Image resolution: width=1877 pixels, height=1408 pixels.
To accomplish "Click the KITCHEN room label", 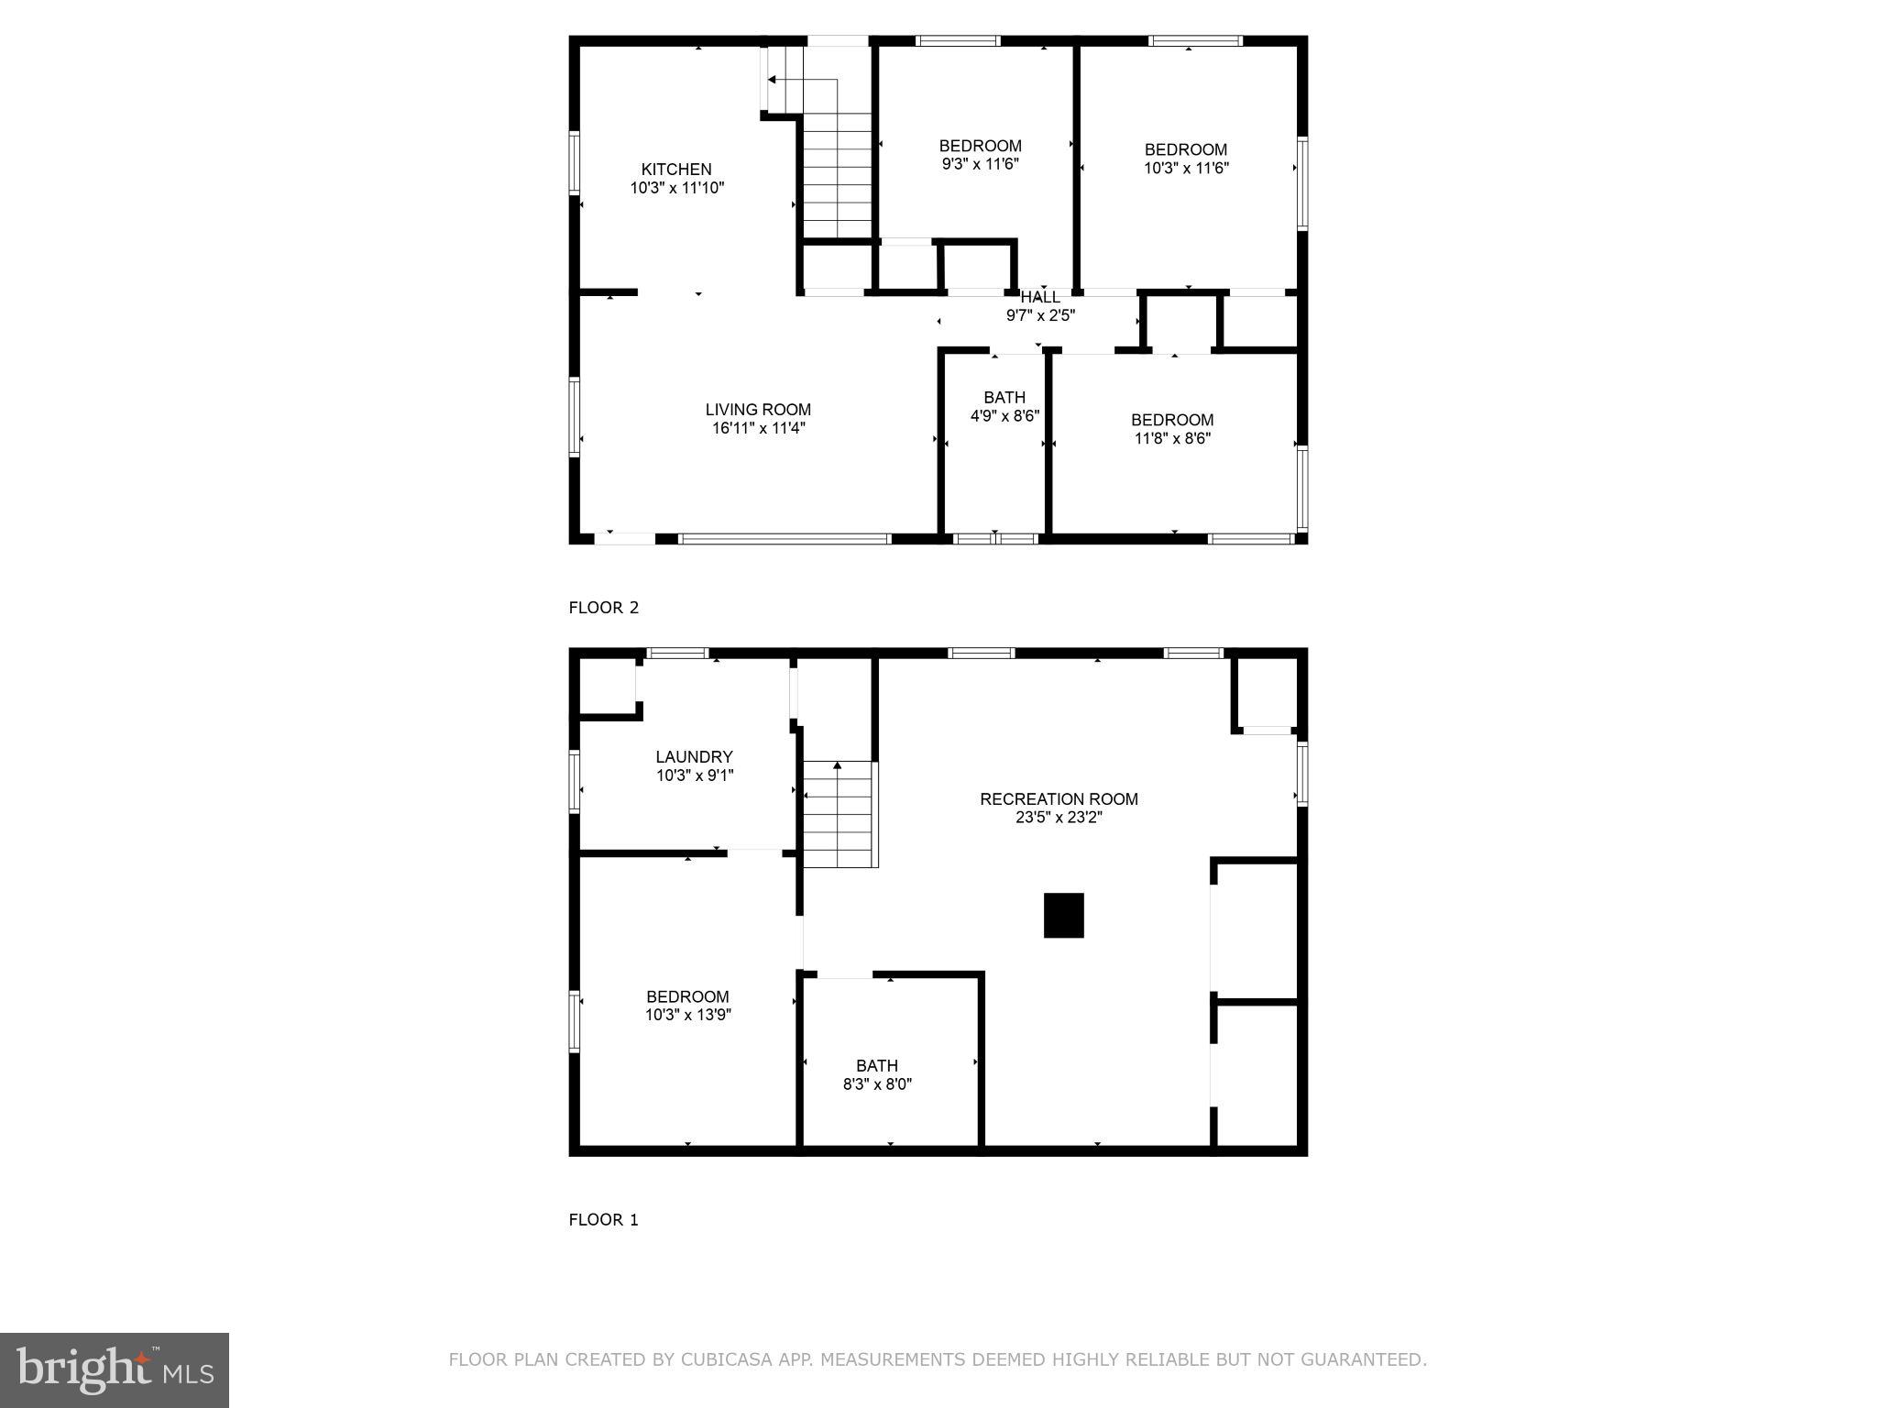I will tap(675, 170).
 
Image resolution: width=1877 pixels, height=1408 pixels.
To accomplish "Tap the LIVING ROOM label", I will tap(758, 410).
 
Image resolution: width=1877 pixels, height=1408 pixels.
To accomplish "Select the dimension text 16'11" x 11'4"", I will tap(758, 428).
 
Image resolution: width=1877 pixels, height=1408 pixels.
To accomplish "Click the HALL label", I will tap(1040, 297).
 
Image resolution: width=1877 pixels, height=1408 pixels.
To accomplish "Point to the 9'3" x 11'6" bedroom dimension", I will tap(980, 164).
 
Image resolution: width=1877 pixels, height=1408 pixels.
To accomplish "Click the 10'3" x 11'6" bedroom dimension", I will tap(1186, 168).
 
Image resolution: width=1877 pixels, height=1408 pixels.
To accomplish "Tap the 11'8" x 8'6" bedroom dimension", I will tap(1172, 438).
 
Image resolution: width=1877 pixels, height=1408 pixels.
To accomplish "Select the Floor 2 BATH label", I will tap(1004, 398).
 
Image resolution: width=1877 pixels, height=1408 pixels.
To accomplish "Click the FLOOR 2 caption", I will tap(603, 608).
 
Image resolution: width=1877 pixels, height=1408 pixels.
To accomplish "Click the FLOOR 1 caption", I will tap(603, 1220).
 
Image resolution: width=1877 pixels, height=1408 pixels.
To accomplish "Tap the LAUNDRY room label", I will tap(694, 757).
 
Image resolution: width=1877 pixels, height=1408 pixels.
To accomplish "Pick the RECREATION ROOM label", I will tap(1059, 799).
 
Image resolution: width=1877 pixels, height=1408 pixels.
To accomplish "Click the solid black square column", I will tap(1063, 916).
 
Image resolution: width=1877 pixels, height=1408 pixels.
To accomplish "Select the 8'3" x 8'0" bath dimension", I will tap(877, 1084).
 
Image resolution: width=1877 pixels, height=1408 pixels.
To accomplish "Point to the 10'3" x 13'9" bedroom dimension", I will tap(687, 1015).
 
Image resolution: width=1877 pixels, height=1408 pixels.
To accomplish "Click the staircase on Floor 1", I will tap(839, 816).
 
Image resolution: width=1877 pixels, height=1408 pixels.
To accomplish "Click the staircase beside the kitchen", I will tap(837, 174).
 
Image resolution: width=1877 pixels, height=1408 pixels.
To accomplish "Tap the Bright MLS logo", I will tap(115, 1370).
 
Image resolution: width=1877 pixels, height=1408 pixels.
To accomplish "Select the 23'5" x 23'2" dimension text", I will tap(1059, 818).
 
